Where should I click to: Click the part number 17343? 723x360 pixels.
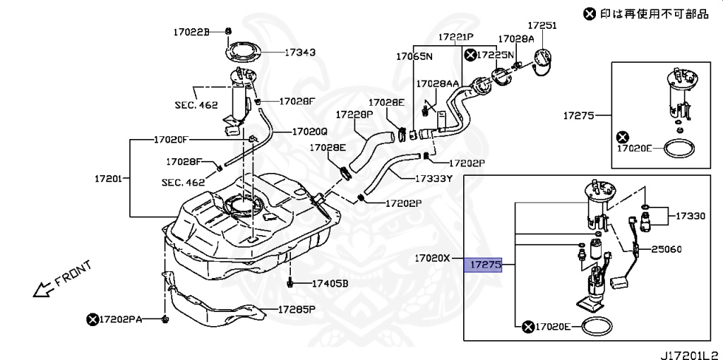tap(300, 52)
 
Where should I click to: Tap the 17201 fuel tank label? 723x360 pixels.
tap(109, 179)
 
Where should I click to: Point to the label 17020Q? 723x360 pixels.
tap(310, 131)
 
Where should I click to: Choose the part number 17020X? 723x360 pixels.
tap(431, 258)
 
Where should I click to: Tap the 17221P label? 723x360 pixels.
tap(455, 37)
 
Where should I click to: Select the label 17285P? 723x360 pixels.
tap(296, 309)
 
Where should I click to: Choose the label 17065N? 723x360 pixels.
tap(414, 56)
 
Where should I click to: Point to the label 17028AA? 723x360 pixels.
tap(438, 83)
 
